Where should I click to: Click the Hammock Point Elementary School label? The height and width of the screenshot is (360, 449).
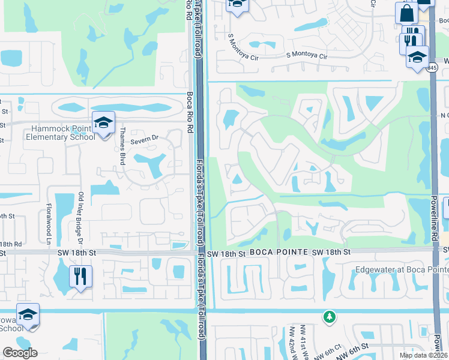[x=48, y=131]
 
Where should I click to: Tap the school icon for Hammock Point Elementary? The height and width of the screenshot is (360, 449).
[x=103, y=124]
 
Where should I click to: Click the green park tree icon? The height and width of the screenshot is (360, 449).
[x=328, y=316]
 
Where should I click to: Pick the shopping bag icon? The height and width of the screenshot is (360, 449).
[x=406, y=13]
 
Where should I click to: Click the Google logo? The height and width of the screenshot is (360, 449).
[x=20, y=353]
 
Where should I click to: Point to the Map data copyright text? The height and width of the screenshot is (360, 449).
[x=424, y=355]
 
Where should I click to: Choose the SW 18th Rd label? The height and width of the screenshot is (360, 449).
[x=11, y=244]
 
